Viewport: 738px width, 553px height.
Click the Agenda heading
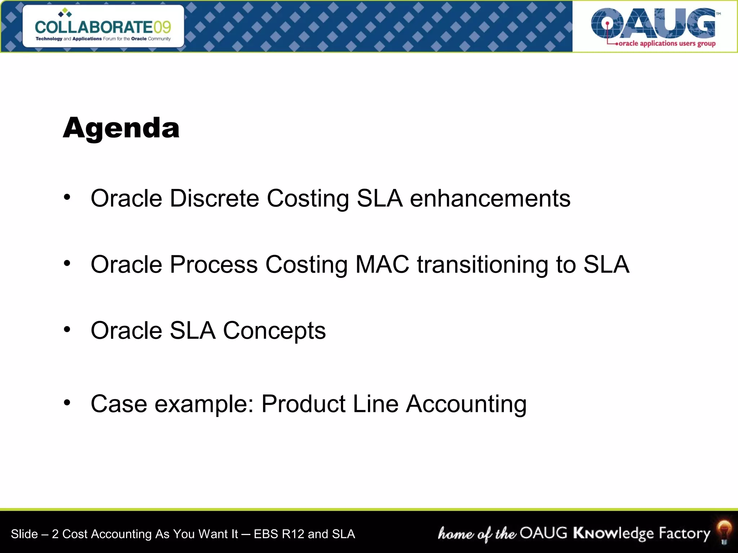click(x=121, y=128)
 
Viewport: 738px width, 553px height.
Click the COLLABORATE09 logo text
click(x=103, y=27)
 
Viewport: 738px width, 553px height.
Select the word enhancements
click(x=490, y=198)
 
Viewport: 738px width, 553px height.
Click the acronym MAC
click(x=382, y=265)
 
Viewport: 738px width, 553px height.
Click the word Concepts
click(x=274, y=331)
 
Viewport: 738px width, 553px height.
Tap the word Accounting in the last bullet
click(x=466, y=404)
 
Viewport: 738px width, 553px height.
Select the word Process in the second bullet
click(x=214, y=265)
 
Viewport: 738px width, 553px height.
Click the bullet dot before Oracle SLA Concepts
click(x=67, y=329)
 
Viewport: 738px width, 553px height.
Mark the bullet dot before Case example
click(x=67, y=402)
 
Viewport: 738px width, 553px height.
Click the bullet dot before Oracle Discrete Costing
click(x=67, y=197)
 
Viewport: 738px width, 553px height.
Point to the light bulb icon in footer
click(x=724, y=531)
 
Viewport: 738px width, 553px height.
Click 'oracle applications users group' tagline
click(x=667, y=44)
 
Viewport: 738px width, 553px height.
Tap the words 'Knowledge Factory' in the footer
click(x=641, y=533)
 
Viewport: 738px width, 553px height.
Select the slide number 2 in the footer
click(x=55, y=534)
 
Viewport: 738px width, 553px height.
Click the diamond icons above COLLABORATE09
click(x=65, y=13)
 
